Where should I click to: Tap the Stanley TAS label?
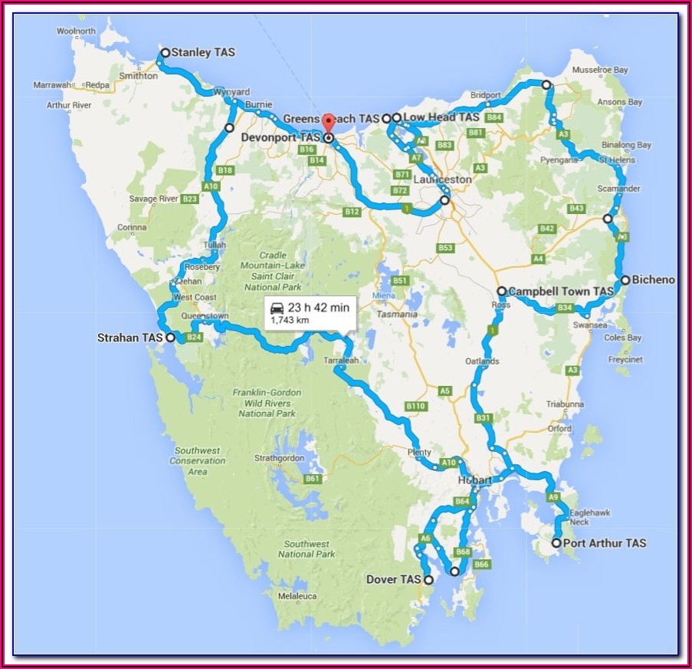pos(203,53)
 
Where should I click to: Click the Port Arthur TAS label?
pos(604,543)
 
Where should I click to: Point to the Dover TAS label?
pos(394,580)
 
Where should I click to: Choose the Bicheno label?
pos(653,280)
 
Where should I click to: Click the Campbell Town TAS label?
pos(561,292)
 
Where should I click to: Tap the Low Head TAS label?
pos(441,117)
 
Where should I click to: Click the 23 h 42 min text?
pos(319,308)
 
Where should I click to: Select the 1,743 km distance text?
pos(290,321)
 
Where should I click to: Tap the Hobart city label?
pos(474,480)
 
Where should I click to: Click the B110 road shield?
pos(415,406)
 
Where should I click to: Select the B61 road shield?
pos(312,479)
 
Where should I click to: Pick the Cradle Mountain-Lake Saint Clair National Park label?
pos(274,271)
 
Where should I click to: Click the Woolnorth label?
pos(76,31)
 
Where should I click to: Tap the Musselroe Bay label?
pos(599,70)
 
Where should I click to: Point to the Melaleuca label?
pos(298,595)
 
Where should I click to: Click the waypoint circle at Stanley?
pos(164,53)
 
